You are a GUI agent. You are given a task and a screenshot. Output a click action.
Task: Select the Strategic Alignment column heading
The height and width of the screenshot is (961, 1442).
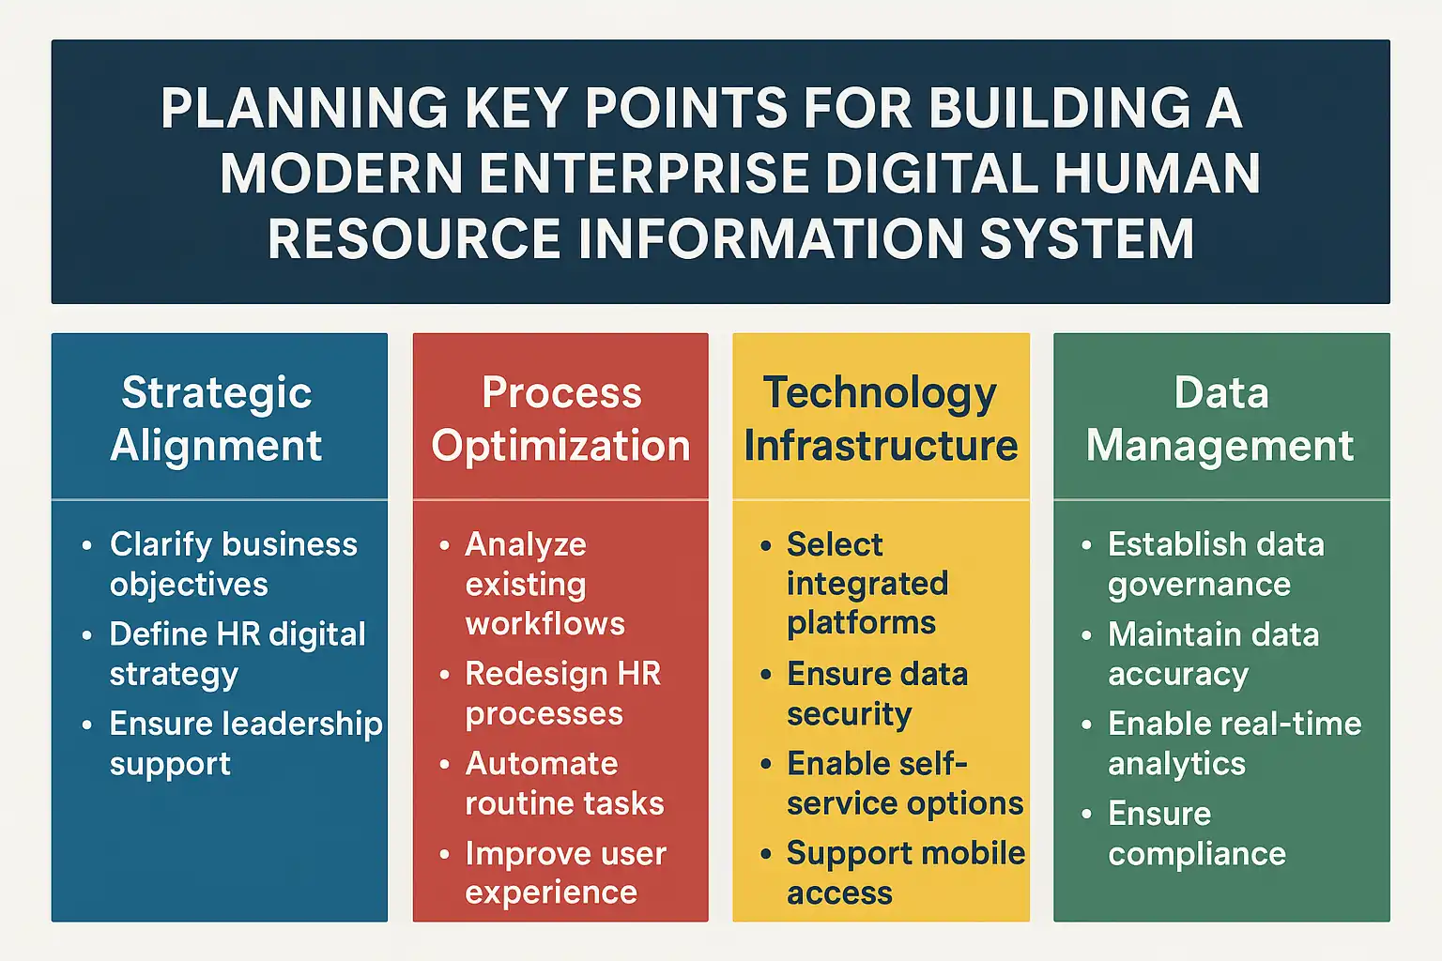216,419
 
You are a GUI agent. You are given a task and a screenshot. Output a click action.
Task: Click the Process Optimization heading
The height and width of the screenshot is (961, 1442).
560,419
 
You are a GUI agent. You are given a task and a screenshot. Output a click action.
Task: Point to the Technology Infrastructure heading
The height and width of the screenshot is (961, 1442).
881,419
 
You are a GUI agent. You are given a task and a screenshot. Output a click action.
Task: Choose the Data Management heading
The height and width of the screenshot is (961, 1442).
1220,419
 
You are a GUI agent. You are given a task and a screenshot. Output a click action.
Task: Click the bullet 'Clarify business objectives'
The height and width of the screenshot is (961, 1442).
233,565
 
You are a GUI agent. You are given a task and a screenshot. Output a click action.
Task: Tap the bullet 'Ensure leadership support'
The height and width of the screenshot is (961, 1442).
246,744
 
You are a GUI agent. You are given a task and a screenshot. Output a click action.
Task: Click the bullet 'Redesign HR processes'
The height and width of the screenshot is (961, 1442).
562,694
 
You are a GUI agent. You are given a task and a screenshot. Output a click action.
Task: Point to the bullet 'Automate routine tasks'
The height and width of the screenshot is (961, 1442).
564,784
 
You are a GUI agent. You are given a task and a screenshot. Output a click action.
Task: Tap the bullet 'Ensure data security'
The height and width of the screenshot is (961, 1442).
878,694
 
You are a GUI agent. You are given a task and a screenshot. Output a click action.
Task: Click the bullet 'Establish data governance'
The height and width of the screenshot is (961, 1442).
1216,565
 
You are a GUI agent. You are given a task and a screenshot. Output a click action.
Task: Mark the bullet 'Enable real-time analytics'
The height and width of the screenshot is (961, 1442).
1235,744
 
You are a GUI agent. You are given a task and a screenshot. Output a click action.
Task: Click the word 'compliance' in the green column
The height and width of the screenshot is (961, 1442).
1197,855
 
